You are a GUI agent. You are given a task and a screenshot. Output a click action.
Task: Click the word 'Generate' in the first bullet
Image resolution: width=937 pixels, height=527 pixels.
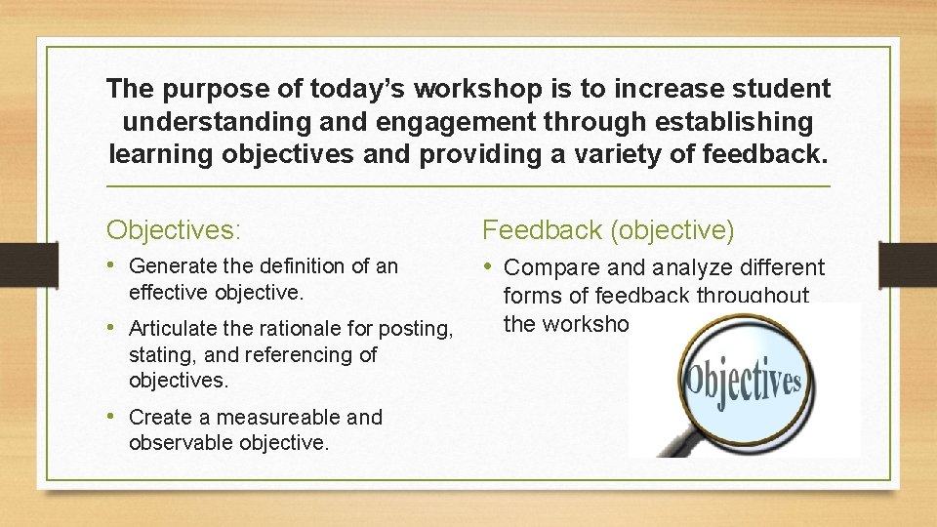point(170,265)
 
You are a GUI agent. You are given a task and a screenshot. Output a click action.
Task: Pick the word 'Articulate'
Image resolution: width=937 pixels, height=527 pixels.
point(175,329)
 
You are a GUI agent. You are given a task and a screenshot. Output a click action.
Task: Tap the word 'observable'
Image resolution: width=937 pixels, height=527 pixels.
point(177,442)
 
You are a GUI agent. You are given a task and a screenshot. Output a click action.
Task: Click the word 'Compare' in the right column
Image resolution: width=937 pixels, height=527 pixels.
point(552,267)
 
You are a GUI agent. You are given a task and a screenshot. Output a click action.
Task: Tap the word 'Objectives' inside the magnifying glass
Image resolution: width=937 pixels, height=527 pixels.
point(743,382)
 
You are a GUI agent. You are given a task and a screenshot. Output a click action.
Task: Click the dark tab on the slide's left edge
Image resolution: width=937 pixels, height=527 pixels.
point(18,263)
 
